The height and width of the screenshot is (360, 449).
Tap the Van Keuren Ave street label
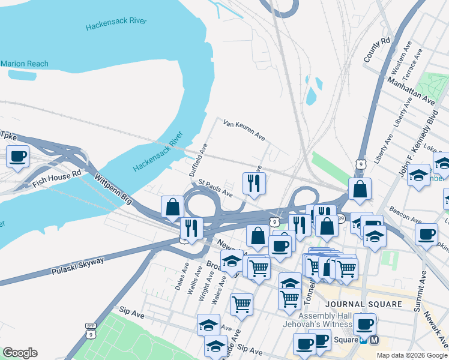point(244,130)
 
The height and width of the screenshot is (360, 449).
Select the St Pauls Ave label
point(215,187)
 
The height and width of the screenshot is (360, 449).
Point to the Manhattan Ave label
point(411,88)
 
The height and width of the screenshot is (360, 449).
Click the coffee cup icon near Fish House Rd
point(17,157)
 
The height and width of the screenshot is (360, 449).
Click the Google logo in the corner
point(20,353)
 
